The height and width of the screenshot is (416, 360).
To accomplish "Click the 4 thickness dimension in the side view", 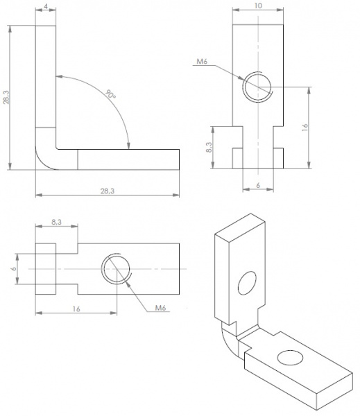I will [x=46, y=7].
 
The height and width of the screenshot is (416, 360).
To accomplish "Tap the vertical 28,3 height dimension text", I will [x=6, y=98].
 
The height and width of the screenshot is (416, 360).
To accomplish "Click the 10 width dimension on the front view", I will [x=258, y=5].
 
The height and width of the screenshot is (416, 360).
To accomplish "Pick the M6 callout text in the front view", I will [x=203, y=62].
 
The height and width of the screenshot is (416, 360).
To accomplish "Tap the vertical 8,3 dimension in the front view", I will [x=209, y=146].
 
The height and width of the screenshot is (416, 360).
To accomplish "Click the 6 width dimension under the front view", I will [x=258, y=185].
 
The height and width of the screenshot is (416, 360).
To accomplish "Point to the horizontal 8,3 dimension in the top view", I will [x=58, y=223].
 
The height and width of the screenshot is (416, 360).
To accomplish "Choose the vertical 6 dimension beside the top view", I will [x=13, y=268].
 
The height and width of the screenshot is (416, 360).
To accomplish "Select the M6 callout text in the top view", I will [x=160, y=307].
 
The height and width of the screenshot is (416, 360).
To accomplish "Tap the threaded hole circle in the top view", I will [x=117, y=268].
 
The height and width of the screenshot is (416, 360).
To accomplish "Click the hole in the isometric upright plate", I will [x=246, y=283].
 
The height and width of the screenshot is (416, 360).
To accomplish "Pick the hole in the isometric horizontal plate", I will [x=289, y=357].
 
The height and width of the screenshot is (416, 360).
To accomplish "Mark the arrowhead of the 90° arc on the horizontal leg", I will [x=129, y=144].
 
